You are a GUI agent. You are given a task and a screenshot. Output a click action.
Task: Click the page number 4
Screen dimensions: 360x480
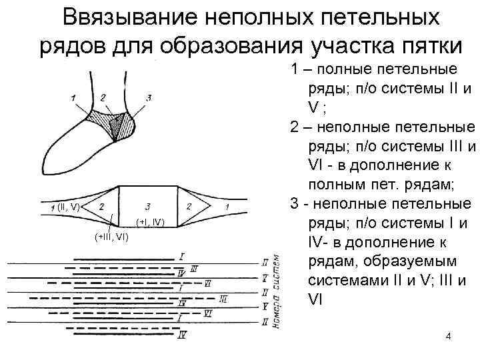448,337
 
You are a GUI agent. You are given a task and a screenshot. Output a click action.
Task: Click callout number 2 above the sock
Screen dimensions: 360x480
103,97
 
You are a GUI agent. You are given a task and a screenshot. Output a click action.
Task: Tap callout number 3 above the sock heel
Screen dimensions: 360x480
149,97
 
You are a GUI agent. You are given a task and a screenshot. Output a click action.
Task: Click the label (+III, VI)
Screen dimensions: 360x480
111,235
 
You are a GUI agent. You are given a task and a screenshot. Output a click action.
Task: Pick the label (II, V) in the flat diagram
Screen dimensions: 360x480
68,207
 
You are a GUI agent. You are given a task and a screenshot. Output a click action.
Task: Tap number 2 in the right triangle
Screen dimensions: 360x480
190,207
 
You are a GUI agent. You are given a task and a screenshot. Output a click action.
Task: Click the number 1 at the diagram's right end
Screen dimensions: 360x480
229,207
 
